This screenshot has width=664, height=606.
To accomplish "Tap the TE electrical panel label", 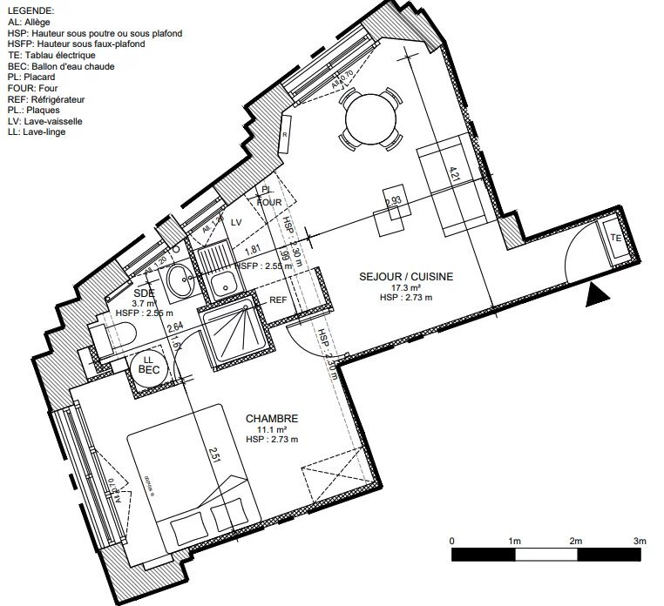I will (x=615, y=237).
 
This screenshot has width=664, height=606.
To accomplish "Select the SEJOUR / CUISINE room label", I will (x=407, y=276).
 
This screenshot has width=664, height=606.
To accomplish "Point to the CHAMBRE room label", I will (x=274, y=419).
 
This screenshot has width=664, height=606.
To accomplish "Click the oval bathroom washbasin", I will (x=181, y=281).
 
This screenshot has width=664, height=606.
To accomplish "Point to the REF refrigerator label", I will (x=278, y=300).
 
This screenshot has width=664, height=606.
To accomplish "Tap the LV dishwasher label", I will (x=235, y=223).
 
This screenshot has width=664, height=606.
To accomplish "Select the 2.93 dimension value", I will (x=393, y=201).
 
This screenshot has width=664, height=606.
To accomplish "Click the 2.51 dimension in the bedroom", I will (x=213, y=455).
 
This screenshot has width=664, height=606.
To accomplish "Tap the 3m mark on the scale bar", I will (x=640, y=541).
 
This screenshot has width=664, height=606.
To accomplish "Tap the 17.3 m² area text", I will (x=406, y=286).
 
